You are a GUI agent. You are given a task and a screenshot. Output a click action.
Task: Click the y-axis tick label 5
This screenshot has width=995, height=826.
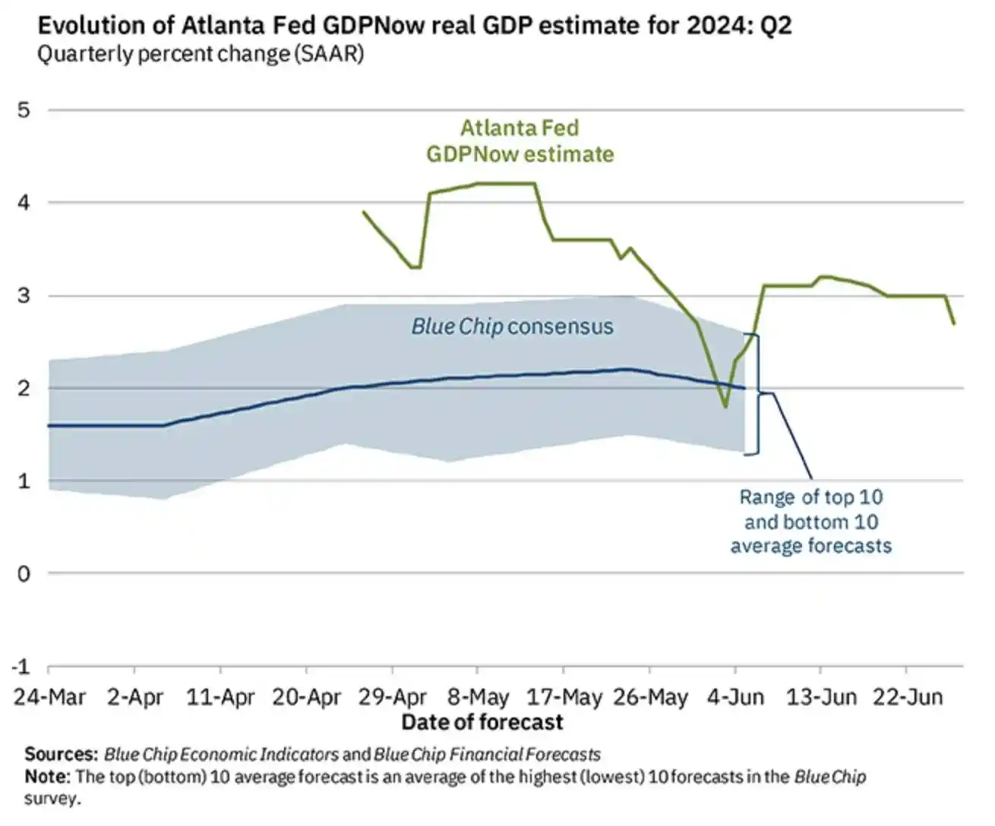(x=24, y=110)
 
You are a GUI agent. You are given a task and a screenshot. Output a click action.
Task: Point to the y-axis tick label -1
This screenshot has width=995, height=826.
(x=21, y=667)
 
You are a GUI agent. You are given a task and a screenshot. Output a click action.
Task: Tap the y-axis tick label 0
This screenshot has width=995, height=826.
(x=24, y=574)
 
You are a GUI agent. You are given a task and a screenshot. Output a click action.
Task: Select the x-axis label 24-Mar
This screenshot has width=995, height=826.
(x=50, y=697)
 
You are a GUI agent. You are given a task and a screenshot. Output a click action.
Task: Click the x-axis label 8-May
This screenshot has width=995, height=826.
(x=478, y=697)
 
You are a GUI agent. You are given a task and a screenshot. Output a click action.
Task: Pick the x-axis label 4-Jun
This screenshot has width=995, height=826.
(x=735, y=697)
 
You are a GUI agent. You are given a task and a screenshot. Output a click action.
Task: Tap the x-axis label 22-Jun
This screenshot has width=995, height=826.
(x=908, y=697)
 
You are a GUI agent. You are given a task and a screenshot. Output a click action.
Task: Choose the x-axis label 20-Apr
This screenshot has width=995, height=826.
(x=306, y=697)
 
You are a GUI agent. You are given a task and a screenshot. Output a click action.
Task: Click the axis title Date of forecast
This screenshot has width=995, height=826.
(x=482, y=722)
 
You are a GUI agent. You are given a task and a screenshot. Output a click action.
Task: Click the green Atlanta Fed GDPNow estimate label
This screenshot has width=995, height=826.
(x=520, y=141)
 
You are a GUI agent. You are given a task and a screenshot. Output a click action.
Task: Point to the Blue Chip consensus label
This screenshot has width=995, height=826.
(x=512, y=326)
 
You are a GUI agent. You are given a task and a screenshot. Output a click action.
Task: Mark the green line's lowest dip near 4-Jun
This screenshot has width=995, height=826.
(x=725, y=407)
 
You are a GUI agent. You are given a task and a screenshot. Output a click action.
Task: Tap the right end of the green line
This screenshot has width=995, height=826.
(x=954, y=324)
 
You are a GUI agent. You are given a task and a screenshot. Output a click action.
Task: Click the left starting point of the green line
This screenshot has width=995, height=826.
(x=364, y=212)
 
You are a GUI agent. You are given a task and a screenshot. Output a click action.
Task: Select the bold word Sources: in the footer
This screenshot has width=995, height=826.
(x=61, y=755)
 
